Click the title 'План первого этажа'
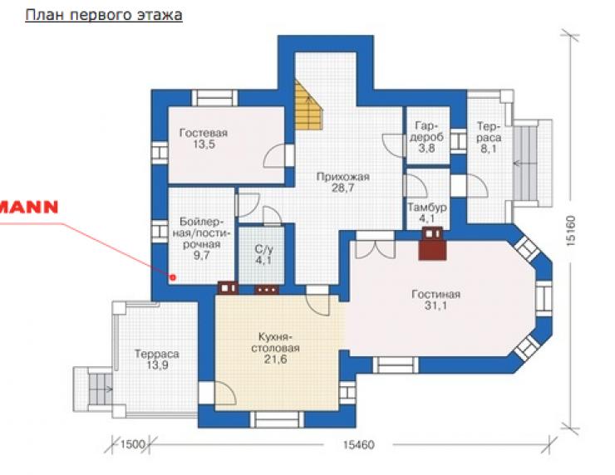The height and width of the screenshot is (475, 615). click(x=104, y=15)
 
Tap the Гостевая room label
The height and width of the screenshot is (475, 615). click(x=203, y=133)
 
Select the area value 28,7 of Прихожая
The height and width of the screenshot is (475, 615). click(x=342, y=189)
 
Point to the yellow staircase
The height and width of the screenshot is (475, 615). click(x=308, y=105)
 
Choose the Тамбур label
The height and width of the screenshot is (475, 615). click(x=426, y=207)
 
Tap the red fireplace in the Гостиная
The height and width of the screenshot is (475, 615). click(x=432, y=243)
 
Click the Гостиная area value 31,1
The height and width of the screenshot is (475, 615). click(x=435, y=306)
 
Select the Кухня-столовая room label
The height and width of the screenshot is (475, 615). click(x=275, y=342)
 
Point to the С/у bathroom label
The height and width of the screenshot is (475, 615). click(x=263, y=249)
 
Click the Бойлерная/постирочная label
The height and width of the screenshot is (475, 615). click(x=202, y=233)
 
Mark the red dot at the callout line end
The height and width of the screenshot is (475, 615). click(x=173, y=277)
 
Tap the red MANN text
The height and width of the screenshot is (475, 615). click(x=29, y=207)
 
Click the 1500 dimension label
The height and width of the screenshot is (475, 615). click(x=132, y=445)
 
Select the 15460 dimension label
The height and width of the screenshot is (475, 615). click(x=358, y=445)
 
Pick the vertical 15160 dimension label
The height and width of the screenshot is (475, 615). click(x=571, y=231)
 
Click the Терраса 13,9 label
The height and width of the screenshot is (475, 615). click(x=156, y=360)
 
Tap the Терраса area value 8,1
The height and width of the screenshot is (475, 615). click(x=489, y=149)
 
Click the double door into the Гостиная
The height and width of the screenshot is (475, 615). click(x=375, y=245)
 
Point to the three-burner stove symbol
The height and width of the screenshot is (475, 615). click(x=267, y=289)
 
